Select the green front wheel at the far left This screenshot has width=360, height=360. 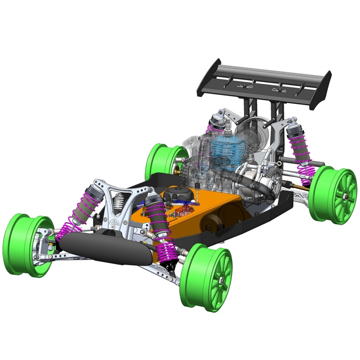pos(27,245)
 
